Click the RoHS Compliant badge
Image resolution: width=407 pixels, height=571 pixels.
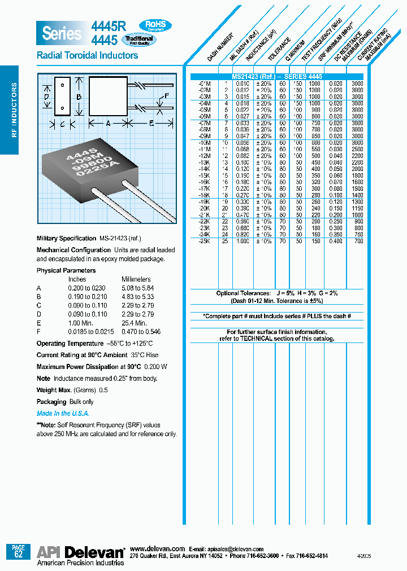click(155, 25)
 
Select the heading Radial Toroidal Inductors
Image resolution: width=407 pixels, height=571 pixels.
click(87, 55)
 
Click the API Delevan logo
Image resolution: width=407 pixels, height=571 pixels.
click(80, 552)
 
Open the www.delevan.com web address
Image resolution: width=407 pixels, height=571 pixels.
click(157, 548)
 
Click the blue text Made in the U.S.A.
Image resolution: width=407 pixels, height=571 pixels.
click(62, 414)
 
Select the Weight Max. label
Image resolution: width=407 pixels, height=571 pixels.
click(54, 390)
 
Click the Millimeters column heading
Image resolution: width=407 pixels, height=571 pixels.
click(136, 279)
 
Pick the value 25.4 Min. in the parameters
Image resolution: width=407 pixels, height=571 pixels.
click(135, 323)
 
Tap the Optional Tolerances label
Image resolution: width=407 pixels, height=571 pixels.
click(243, 293)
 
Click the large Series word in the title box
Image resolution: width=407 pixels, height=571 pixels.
click(62, 33)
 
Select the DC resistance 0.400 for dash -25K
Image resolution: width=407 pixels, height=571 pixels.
click(336, 241)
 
